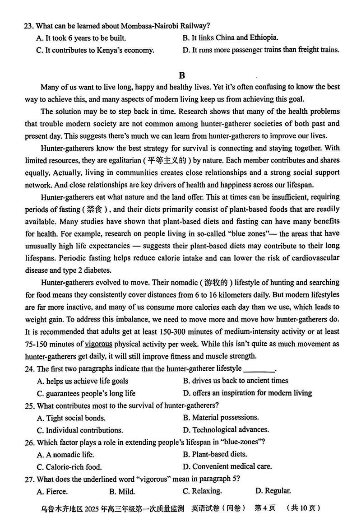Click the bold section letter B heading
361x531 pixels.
pyautogui.click(x=182, y=75)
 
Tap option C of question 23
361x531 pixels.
pyautogui.click(x=95, y=50)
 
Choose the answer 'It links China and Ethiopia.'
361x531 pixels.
pyautogui.click(x=230, y=38)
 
